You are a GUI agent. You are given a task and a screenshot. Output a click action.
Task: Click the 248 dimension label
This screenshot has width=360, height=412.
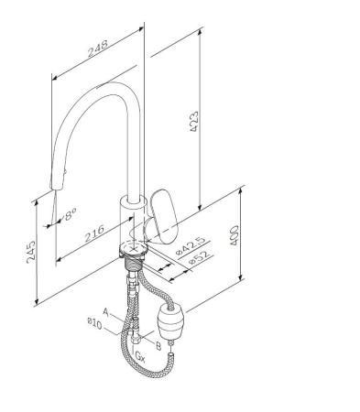pyautogui.click(x=98, y=49)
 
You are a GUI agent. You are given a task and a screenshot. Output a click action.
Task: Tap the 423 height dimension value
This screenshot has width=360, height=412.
pyautogui.click(x=193, y=122)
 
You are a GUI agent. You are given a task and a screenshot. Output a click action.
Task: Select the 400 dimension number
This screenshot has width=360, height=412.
pyautogui.click(x=234, y=235)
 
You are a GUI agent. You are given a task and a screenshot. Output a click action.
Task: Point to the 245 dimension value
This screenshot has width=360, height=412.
pyautogui.click(x=30, y=252)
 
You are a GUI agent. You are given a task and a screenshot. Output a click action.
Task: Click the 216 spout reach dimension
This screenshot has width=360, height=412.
pyautogui.click(x=94, y=233)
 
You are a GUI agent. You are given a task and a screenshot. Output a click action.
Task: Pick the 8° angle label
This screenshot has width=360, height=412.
pyautogui.click(x=70, y=213)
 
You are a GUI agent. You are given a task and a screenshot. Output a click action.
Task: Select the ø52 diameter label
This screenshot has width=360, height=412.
pyautogui.click(x=200, y=257)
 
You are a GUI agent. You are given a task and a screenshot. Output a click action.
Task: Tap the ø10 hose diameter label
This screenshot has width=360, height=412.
pyautogui.click(x=94, y=324)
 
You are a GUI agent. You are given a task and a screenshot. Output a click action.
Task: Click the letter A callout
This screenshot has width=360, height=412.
pyautogui.click(x=106, y=312)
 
